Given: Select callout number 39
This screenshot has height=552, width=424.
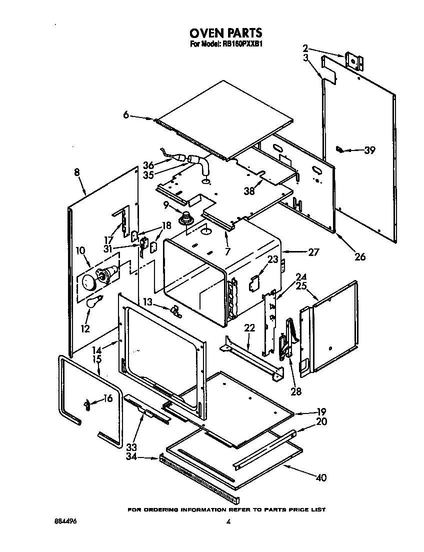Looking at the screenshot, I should point(369,150).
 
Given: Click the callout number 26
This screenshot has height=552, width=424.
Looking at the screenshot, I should point(359,257).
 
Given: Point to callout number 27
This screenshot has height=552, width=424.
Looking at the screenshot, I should point(313,252).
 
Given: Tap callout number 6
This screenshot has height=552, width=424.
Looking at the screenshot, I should point(126,115).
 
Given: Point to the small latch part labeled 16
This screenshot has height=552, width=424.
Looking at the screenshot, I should point(87,404).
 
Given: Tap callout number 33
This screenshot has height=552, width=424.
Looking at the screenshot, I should point(132,446).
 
